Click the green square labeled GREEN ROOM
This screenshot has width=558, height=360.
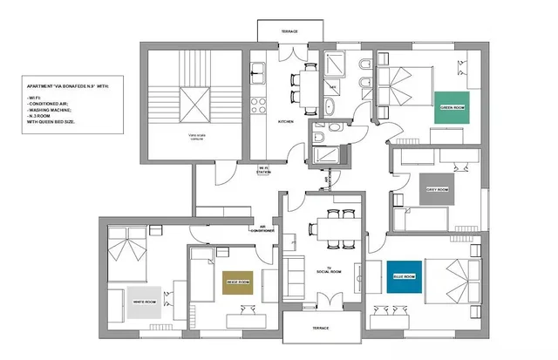453,106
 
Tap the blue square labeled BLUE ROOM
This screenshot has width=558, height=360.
404,276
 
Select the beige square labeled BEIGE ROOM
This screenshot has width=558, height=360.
238,283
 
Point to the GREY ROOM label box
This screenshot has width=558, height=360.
437,190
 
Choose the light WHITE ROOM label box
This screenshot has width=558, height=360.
145,302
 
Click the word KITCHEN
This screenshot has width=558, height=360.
286,123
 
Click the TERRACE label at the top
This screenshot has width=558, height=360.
289,31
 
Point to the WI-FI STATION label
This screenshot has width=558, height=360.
264,171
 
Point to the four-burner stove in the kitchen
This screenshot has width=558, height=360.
258,106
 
